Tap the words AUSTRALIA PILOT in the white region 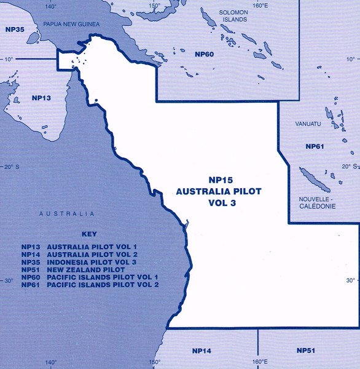pyautogui.click(x=218, y=191)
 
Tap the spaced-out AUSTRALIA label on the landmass pyautogui.click(x=66, y=214)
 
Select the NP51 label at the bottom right pyautogui.click(x=307, y=351)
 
